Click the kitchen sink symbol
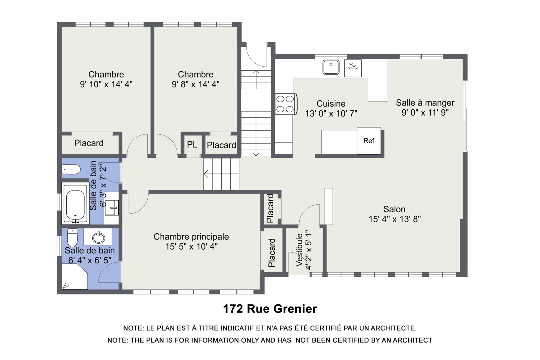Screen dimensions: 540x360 [x=331, y=67]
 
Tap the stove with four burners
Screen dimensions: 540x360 [x=286, y=104]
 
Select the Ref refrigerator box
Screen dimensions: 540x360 [x=369, y=141]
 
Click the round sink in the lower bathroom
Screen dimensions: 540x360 [x=99, y=237]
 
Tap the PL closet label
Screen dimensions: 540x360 [x=192, y=145]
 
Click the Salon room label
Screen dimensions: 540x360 [x=394, y=209]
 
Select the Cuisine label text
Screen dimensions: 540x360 [x=331, y=103]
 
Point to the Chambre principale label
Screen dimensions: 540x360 [x=191, y=237]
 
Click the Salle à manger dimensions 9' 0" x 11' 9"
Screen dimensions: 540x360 [x=425, y=112]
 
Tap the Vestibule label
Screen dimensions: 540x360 [x=300, y=250]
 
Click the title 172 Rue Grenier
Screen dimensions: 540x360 [x=270, y=309]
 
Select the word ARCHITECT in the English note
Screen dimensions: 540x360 [x=413, y=340]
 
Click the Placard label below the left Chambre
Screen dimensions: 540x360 [x=89, y=143]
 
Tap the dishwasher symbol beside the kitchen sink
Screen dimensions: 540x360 [x=353, y=68]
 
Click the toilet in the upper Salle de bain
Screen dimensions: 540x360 [x=71, y=169]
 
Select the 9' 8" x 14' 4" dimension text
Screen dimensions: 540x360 [x=196, y=84]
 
